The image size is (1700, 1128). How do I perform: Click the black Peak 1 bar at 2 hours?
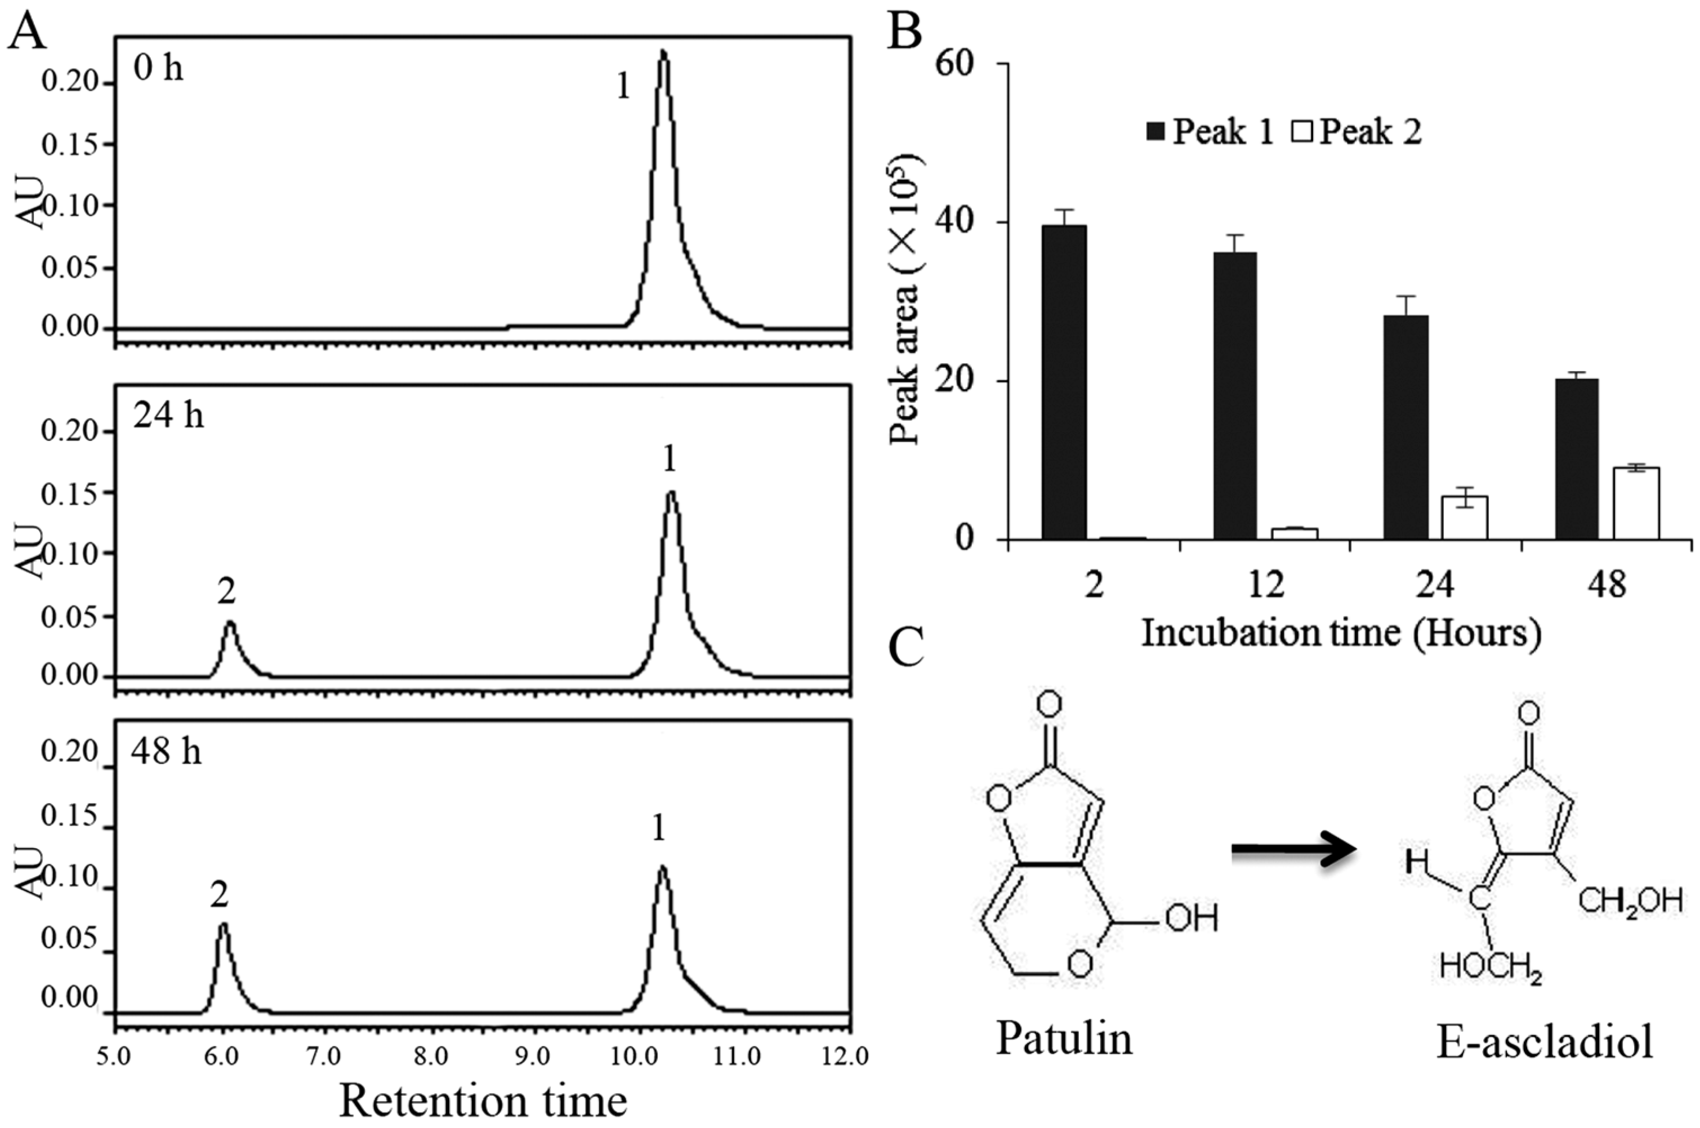point(1064,382)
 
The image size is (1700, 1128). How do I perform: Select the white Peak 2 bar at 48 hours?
point(1636,503)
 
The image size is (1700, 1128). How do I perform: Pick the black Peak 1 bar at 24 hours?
point(1407,427)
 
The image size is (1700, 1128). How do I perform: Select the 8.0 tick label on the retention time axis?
point(431,1057)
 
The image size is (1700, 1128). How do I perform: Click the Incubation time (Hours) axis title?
point(1341,634)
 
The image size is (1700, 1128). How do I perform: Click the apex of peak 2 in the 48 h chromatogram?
point(223,925)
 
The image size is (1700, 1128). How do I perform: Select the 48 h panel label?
point(166,752)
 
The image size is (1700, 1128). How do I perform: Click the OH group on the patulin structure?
point(1191,919)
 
